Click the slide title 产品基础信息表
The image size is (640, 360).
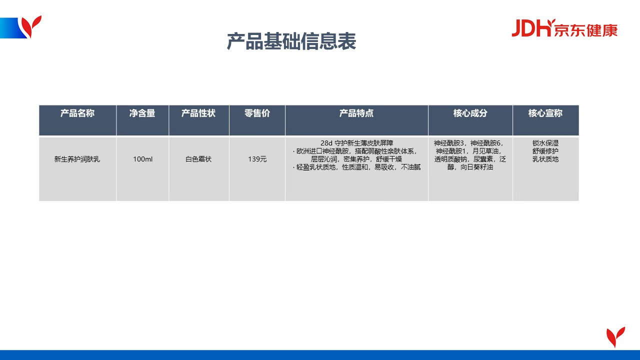(x=291, y=41)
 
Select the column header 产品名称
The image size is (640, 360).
(x=77, y=113)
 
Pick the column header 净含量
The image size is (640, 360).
(x=142, y=113)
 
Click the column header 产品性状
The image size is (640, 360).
(x=198, y=113)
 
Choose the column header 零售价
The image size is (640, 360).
(x=257, y=113)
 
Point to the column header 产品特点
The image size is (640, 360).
(x=356, y=113)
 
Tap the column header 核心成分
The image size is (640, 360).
(x=470, y=113)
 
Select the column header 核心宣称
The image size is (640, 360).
(x=545, y=113)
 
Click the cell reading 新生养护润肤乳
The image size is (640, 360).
(x=77, y=159)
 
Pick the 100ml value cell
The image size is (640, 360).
(x=142, y=159)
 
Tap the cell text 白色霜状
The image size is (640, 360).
(x=198, y=159)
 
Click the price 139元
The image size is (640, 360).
(x=257, y=159)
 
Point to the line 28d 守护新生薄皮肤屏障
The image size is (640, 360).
(x=356, y=143)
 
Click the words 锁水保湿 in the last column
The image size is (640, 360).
(x=545, y=143)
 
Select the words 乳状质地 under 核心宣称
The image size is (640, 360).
(x=545, y=159)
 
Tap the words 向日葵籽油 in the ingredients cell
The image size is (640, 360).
(x=477, y=167)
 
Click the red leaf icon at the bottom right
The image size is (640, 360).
(x=615, y=337)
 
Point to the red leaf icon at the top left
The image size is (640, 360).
(x=31, y=26)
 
